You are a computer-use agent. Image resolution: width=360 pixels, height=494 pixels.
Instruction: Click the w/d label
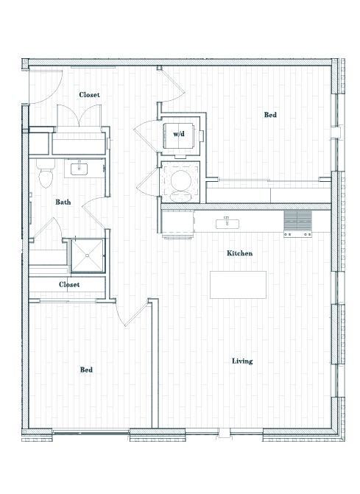pyautogui.click(x=179, y=135)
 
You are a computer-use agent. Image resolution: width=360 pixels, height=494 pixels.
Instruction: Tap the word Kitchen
pyautogui.click(x=239, y=253)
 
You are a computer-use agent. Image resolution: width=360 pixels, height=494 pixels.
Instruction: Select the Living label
pyautogui.click(x=242, y=361)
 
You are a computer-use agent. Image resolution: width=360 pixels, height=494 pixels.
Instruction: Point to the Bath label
pyautogui.click(x=63, y=202)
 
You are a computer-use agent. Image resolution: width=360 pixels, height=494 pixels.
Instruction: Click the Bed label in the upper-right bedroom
pyautogui.click(x=270, y=115)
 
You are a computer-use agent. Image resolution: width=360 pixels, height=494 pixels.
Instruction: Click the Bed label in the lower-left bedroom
pyautogui.click(x=86, y=370)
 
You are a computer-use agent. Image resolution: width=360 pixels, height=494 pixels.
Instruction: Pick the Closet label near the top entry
pyautogui.click(x=89, y=95)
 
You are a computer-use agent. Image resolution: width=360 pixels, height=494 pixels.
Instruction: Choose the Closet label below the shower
pyautogui.click(x=69, y=284)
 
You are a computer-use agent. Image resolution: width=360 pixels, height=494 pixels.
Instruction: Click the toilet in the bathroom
pyautogui.click(x=46, y=175)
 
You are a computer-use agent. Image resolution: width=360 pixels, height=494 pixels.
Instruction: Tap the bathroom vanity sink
pyautogui.click(x=78, y=169)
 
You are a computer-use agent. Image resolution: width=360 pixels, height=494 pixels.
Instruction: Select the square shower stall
pyautogui.click(x=87, y=255)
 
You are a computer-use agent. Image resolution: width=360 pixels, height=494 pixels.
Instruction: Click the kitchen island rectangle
pyautogui.click(x=238, y=284)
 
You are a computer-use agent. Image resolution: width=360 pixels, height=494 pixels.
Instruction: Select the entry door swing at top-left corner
pyautogui.click(x=40, y=87)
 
